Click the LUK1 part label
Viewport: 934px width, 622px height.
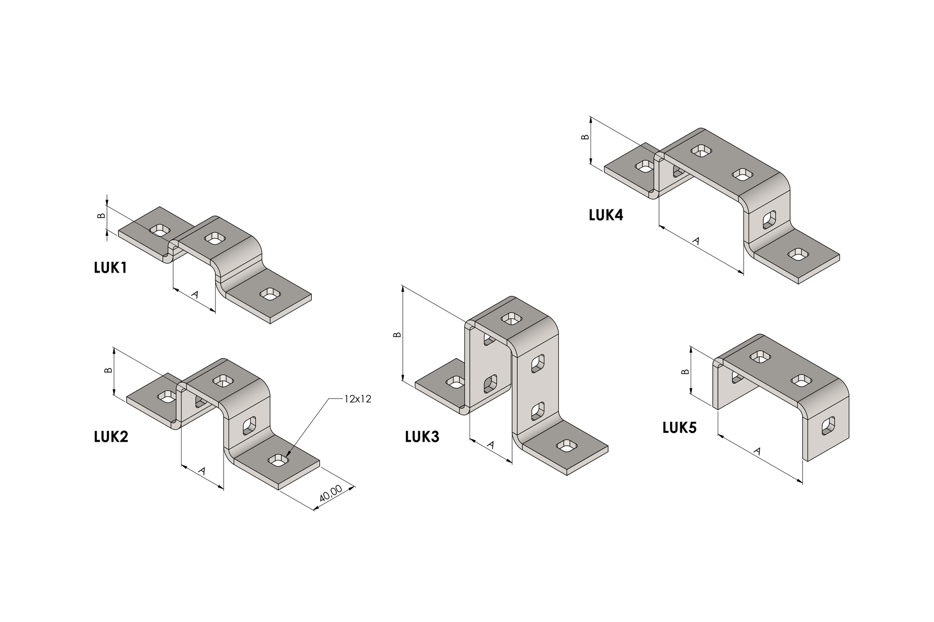click(110, 268)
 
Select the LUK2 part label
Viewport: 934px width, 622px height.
click(111, 437)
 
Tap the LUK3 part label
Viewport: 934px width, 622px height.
click(422, 437)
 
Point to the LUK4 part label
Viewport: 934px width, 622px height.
click(606, 215)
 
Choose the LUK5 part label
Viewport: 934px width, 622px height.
click(680, 428)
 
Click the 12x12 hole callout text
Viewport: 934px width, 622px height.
click(358, 399)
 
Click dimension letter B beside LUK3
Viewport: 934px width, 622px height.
click(397, 334)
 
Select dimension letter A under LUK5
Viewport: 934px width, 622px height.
click(757, 451)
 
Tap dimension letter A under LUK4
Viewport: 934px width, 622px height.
click(696, 241)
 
